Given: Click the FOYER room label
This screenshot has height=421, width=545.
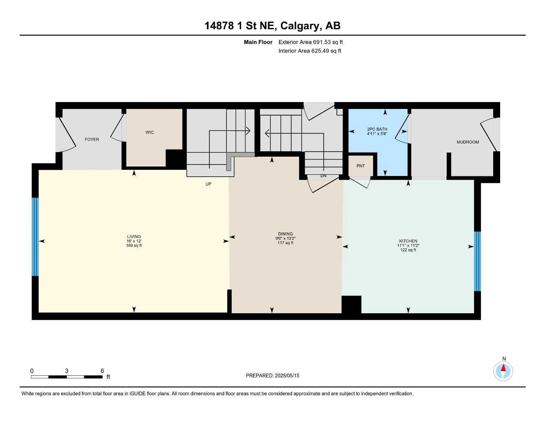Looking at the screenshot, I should [92, 139].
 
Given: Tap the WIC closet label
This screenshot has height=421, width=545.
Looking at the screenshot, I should [150, 132].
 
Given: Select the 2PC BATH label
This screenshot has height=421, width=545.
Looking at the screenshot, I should [377, 129].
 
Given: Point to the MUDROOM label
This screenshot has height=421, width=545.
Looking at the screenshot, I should [468, 142].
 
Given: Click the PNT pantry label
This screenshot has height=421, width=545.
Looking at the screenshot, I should [360, 166].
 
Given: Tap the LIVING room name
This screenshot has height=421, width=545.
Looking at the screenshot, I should [134, 237].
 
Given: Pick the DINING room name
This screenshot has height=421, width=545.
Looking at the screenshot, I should [285, 234].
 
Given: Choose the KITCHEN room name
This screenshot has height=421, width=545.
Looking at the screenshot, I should [408, 241].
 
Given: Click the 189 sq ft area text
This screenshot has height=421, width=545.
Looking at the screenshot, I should [134, 246].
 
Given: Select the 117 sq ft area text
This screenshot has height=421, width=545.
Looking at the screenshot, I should [285, 243].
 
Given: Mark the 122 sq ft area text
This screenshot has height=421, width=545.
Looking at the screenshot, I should [408, 250].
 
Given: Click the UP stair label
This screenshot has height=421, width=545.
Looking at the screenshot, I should [208, 184].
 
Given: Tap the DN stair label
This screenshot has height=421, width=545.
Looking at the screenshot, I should [323, 176].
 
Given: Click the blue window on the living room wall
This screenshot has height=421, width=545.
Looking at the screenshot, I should [35, 237].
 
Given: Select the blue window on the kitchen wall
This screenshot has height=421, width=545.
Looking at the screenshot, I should [477, 261].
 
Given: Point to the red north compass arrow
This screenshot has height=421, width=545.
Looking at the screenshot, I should [503, 368].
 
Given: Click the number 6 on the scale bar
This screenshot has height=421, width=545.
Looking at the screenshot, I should [102, 371].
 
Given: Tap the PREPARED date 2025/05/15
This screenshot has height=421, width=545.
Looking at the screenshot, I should [287, 375].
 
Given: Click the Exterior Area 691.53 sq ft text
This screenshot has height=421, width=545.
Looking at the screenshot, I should [311, 42].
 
